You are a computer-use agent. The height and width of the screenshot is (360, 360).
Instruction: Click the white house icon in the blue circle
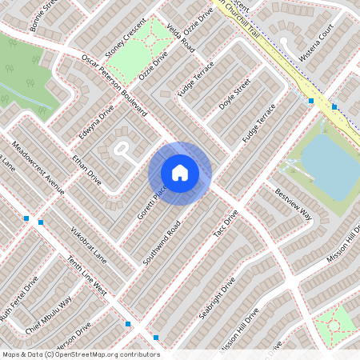[x=180, y=172]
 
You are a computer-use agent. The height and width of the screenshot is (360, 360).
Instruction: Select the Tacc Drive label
[x=227, y=226]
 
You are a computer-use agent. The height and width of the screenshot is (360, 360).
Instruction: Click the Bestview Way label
[x=293, y=203]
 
